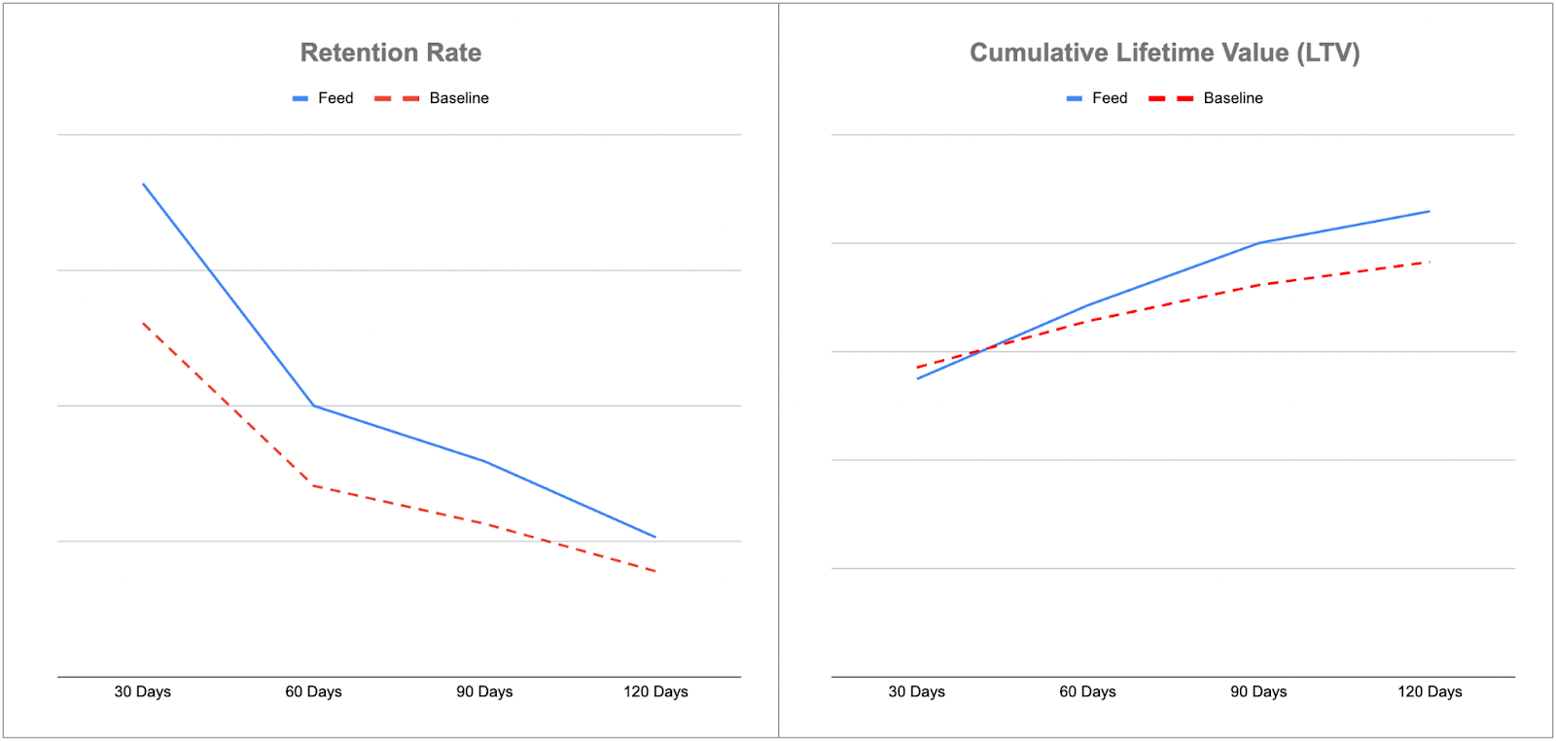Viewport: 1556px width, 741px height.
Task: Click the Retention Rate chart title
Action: point(390,53)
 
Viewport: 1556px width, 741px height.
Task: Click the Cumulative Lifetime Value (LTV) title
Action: point(1164,53)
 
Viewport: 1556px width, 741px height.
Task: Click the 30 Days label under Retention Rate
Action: point(142,691)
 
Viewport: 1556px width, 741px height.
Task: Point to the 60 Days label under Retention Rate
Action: point(313,691)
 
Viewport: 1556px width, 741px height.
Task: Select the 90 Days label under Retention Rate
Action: point(484,691)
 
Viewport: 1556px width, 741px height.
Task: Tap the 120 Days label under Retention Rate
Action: point(655,691)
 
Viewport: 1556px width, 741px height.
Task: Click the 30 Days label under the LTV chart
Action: point(916,691)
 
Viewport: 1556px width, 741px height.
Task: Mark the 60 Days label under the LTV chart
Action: point(1087,691)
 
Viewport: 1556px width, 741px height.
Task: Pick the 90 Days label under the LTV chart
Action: point(1258,691)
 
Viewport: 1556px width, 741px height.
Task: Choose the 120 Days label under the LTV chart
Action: point(1430,691)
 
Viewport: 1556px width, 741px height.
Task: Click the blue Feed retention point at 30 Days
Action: point(143,183)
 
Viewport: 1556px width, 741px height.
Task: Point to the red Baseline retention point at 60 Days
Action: point(313,485)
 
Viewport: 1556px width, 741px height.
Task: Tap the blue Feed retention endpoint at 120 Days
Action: point(655,537)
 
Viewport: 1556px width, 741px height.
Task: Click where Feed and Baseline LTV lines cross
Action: point(987,348)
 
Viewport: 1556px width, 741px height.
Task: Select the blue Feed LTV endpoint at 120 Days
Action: point(1430,211)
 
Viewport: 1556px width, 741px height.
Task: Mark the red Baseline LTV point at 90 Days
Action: point(1258,285)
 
